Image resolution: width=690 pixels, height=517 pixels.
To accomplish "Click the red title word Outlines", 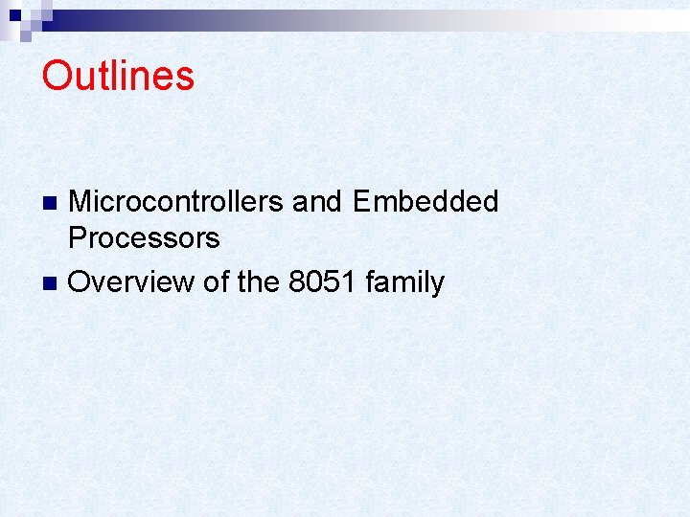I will (118, 77).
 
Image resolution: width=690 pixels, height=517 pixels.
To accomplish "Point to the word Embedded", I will (425, 202).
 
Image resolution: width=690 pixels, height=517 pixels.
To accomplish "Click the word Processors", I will (145, 237).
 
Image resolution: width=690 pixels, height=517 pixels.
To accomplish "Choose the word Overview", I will (130, 282).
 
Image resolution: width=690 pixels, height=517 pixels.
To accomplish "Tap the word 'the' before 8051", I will (255, 282).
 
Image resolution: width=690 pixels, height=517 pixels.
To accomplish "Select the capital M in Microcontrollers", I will (82, 202).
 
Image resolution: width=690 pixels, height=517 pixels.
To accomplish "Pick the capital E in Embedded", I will (363, 202).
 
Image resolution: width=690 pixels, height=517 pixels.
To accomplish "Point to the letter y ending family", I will (437, 285).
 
